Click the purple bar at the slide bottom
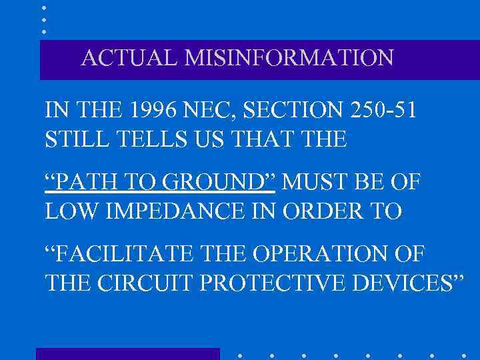click(127, 354)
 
